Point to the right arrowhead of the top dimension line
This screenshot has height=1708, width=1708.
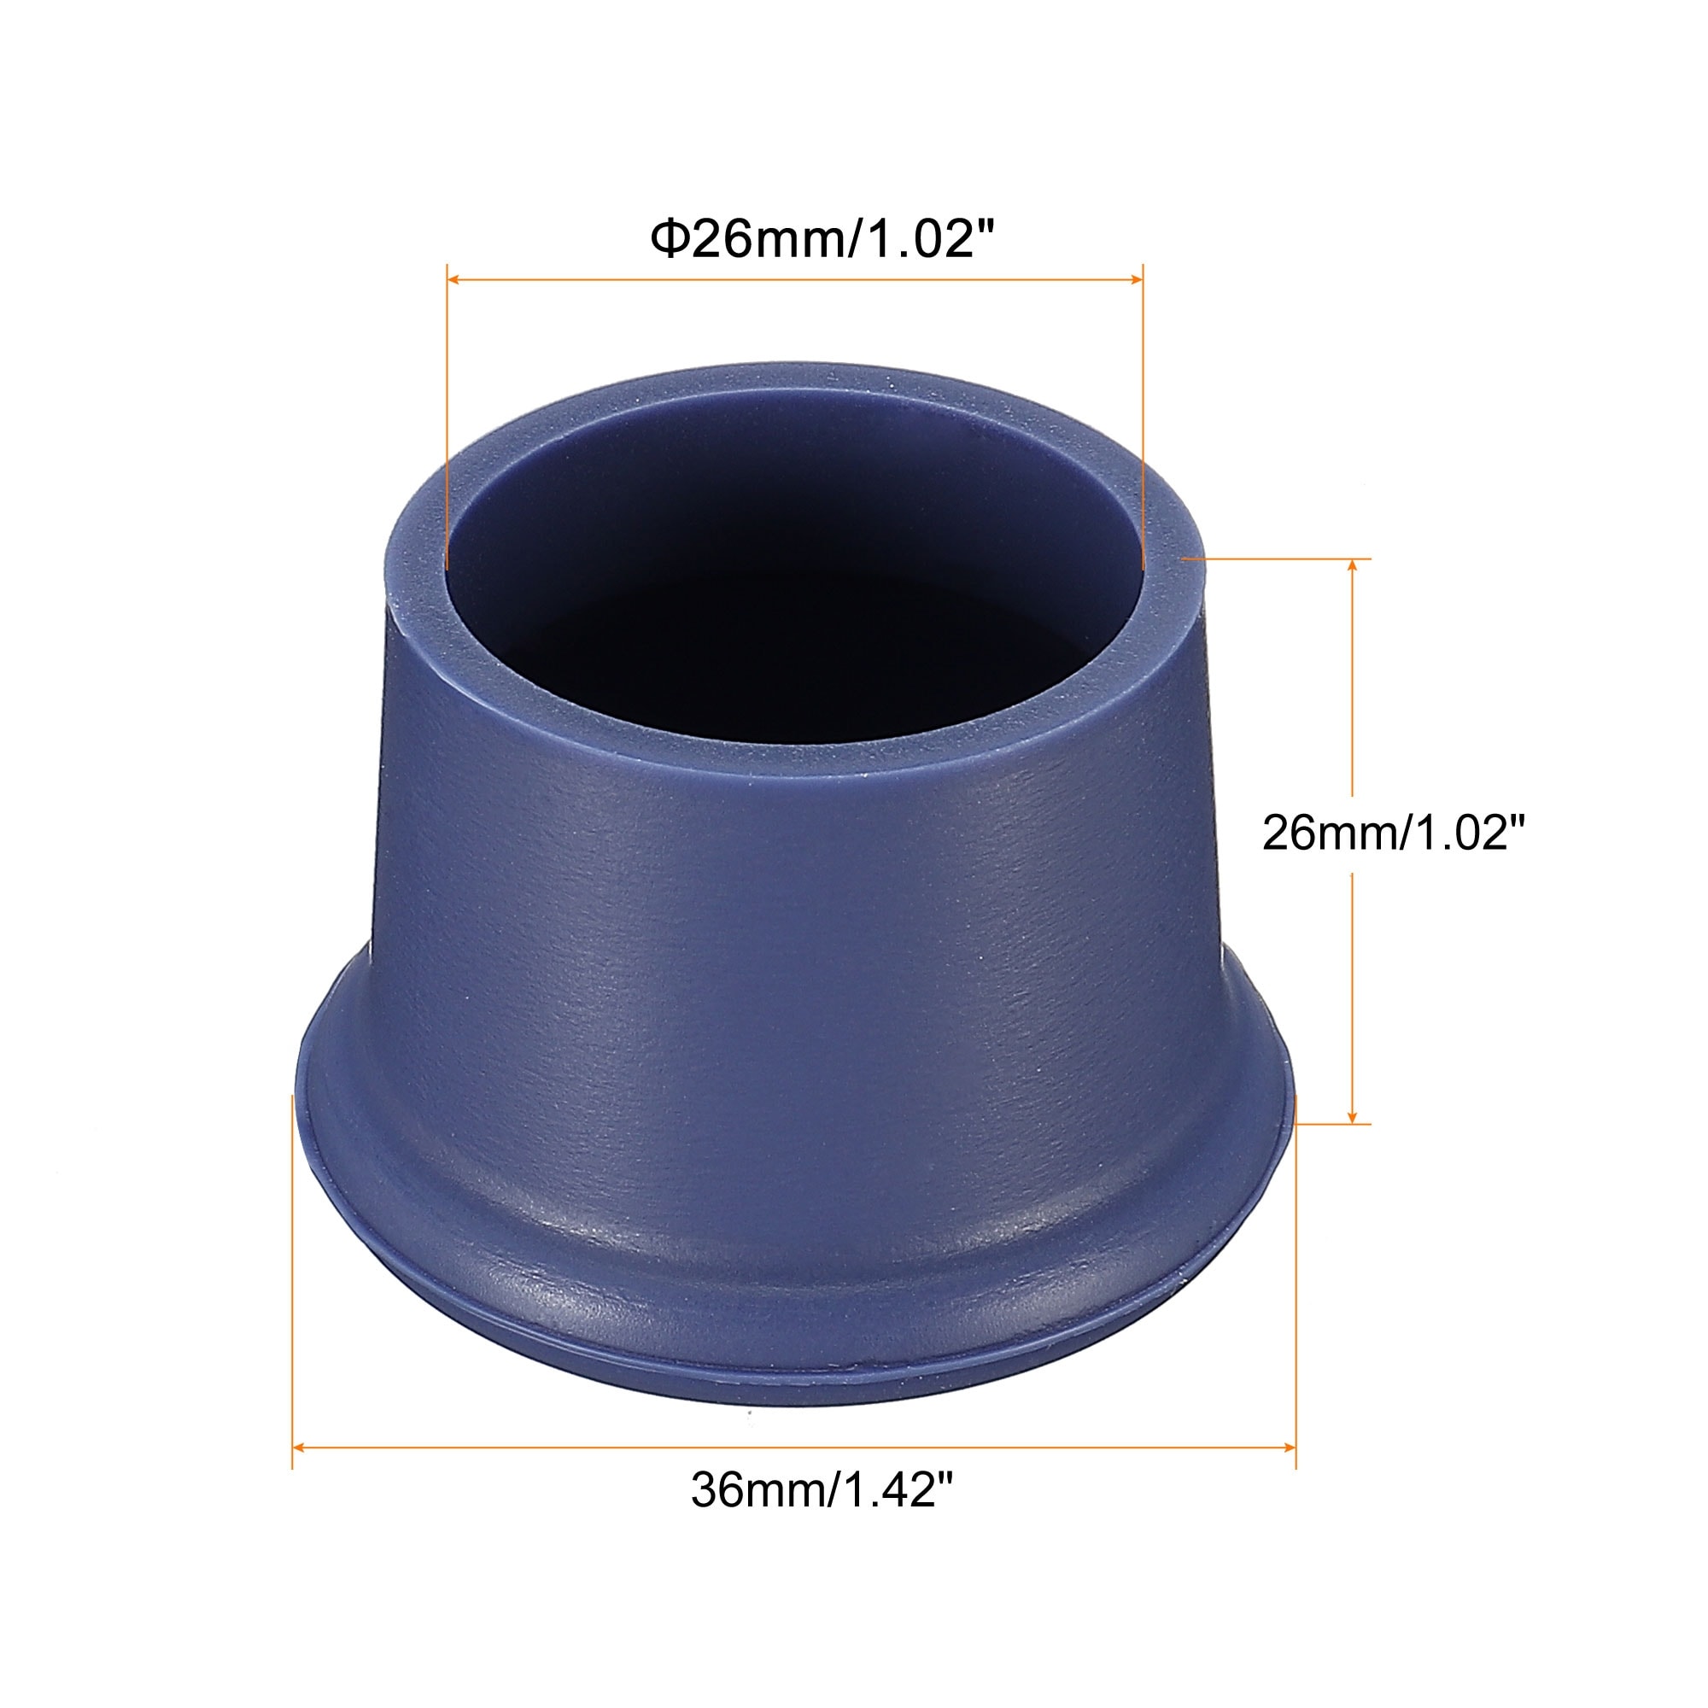1137,279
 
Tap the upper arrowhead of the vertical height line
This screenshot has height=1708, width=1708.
1353,566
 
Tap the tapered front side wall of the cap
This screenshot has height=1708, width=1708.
796,928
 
